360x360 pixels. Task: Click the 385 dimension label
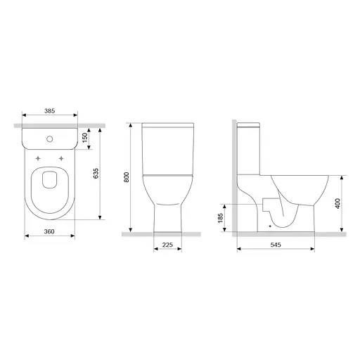pyautogui.click(x=50, y=111)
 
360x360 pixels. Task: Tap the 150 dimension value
pyautogui.click(x=85, y=137)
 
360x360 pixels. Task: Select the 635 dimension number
pyautogui.click(x=96, y=174)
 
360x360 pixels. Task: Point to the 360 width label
pyautogui.click(x=49, y=231)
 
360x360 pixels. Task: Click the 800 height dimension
pyautogui.click(x=127, y=177)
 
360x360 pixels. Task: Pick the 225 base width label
pyautogui.click(x=167, y=245)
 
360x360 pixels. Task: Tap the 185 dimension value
pyautogui.click(x=221, y=218)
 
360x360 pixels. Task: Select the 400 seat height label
pyautogui.click(x=337, y=203)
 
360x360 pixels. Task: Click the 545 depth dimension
pyautogui.click(x=276, y=245)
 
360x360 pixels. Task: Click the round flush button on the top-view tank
pyautogui.click(x=50, y=139)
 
